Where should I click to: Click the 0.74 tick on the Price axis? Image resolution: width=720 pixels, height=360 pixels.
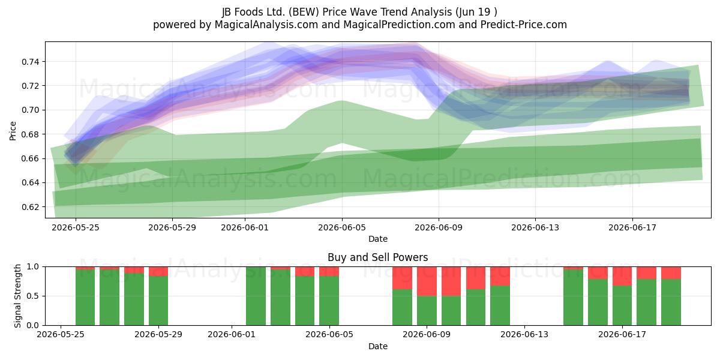tap(30, 62)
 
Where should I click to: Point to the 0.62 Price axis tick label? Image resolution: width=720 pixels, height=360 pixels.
tap(30, 207)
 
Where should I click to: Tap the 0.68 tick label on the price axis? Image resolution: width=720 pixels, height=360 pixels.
tap(30, 134)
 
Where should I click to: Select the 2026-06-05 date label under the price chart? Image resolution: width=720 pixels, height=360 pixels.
tap(342, 227)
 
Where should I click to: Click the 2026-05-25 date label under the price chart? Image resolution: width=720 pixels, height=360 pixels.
tap(76, 227)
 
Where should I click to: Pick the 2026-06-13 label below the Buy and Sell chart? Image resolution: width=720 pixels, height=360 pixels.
tap(524, 334)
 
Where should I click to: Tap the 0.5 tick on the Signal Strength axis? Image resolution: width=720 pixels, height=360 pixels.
tap(34, 296)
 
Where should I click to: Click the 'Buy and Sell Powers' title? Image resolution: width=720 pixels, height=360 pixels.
tap(377, 257)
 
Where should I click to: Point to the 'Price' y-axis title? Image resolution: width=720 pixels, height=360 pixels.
tap(13, 131)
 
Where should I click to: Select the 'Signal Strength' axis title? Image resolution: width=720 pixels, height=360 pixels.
tap(17, 296)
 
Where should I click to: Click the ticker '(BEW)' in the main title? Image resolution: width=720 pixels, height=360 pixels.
tap(304, 12)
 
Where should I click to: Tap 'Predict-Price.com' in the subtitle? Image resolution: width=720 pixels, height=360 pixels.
tap(524, 25)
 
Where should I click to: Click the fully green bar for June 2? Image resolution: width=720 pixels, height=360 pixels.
tap(256, 296)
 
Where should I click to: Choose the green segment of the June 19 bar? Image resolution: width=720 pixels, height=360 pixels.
tap(671, 302)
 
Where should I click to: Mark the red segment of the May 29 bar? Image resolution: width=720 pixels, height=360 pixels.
tap(158, 271)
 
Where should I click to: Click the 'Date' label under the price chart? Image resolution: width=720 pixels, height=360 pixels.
tap(377, 239)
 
